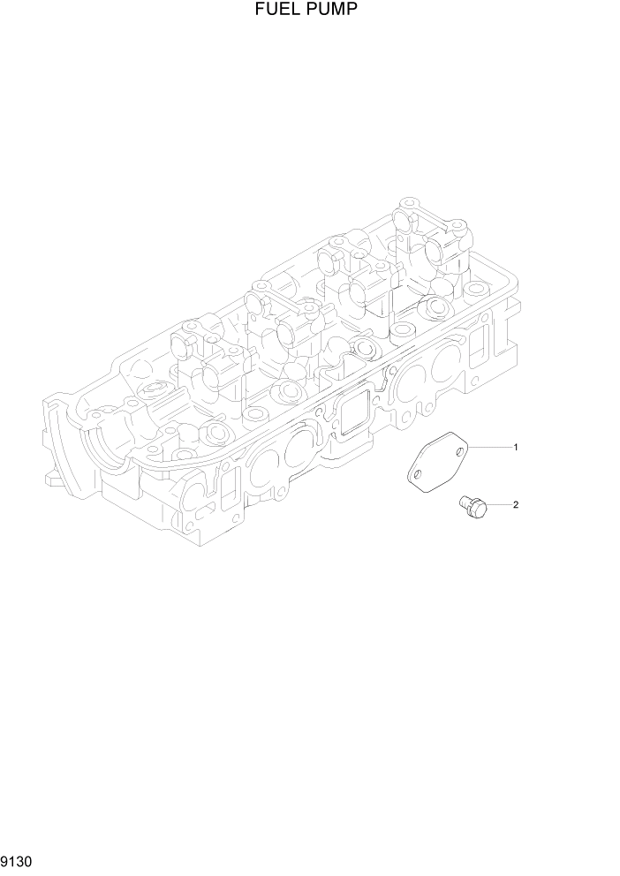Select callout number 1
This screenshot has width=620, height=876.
(x=516, y=448)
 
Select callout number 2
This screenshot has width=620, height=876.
(x=515, y=505)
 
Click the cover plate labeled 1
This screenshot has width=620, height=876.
(x=437, y=463)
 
